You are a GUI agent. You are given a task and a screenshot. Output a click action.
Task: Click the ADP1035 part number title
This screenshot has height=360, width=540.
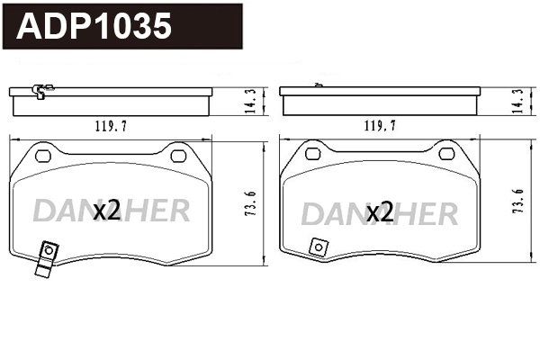pos(95,27)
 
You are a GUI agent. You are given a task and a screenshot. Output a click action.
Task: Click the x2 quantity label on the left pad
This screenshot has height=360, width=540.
pos(106,211)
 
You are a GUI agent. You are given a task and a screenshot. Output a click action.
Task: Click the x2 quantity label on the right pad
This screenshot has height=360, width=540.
pos(379,212)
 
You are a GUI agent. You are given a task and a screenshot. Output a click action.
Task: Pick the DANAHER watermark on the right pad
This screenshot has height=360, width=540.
pos(379,213)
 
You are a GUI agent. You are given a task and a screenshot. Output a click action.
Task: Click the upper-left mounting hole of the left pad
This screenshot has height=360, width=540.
pos(41,155)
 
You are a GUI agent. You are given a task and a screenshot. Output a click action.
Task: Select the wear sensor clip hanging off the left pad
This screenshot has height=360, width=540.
pos(44,260)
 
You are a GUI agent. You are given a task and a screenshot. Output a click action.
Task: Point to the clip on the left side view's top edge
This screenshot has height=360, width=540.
pos(40,89)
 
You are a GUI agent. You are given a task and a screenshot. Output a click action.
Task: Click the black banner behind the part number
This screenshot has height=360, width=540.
pos(207,27)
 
